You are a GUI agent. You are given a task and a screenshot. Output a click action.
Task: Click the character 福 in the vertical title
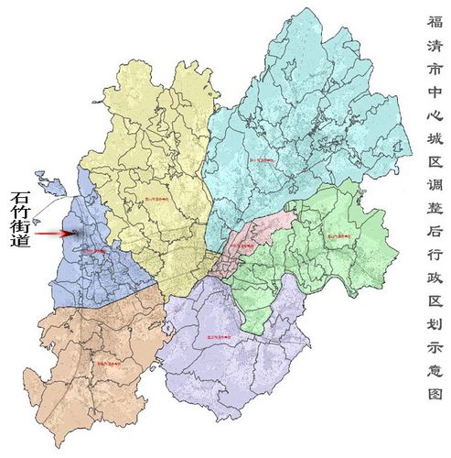click(x=435, y=20)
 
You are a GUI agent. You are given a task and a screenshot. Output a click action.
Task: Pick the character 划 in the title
click(x=435, y=333)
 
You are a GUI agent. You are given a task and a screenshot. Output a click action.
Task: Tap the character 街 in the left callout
click(x=20, y=238)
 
